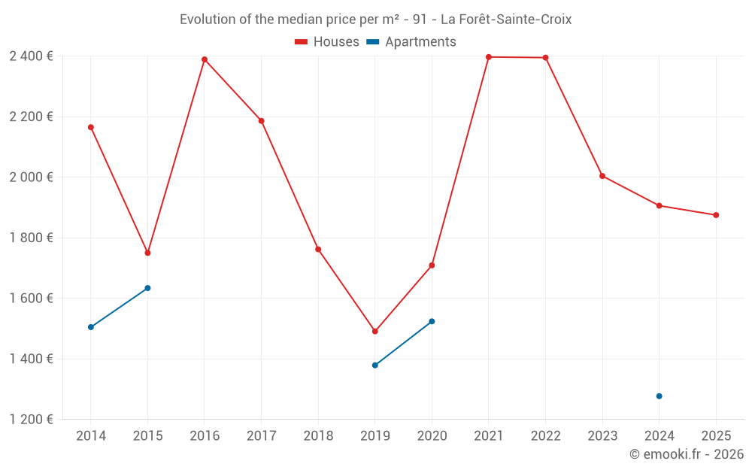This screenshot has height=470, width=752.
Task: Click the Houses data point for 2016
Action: click(205, 59)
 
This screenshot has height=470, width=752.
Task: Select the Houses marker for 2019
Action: click(375, 331)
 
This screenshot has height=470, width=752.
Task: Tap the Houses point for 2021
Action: click(489, 57)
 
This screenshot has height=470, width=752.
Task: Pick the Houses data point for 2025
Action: click(716, 215)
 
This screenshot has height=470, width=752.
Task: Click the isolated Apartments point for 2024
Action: click(660, 396)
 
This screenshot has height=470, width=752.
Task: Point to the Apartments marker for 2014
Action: click(91, 327)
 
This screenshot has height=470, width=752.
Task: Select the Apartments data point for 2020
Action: click(432, 321)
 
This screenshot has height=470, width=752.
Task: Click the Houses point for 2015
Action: click(147, 253)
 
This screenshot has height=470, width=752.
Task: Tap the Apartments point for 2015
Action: click(147, 288)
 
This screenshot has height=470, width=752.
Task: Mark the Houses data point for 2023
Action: click(602, 176)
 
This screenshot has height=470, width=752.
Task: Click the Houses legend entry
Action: click(327, 42)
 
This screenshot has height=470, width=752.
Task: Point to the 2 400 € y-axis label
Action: click(31, 56)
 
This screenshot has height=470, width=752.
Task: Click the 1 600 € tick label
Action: click(31, 299)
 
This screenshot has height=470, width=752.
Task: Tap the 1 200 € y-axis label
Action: click(31, 420)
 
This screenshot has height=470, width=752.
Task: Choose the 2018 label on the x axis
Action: click(318, 436)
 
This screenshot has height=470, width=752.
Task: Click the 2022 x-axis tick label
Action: click(545, 436)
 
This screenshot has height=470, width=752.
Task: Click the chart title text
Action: click(375, 20)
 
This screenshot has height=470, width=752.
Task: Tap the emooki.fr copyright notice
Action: click(686, 454)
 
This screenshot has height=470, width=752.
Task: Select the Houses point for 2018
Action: click(318, 249)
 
